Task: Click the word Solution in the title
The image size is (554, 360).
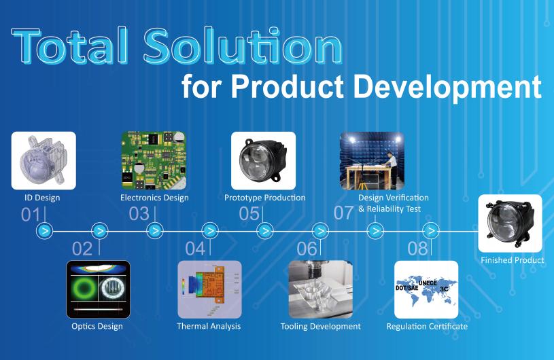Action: pos(243,46)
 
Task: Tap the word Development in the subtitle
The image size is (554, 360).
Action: pos(448,87)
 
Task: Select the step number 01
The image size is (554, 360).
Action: pos(31,214)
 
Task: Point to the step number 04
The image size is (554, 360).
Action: pos(195,249)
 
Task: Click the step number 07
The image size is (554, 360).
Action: pos(343,213)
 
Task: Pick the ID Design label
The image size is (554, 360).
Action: pos(42,198)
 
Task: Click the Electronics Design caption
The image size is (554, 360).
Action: pos(154,198)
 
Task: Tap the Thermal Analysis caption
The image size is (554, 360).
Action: pos(209,326)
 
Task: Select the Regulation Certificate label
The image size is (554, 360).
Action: pos(427,326)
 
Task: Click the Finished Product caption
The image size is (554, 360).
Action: pos(513,260)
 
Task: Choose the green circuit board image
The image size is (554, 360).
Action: pos(154,160)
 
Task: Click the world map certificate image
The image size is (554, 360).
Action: pos(426,289)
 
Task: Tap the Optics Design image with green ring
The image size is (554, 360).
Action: pos(98,289)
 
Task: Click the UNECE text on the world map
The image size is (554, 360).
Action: pos(428,283)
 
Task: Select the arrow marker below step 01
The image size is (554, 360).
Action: pos(45,231)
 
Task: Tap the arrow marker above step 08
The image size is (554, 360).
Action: pos(431,231)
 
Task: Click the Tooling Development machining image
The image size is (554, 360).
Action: pos(320,289)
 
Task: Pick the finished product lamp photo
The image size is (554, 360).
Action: pos(510,223)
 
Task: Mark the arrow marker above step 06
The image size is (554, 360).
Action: pos(320,231)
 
